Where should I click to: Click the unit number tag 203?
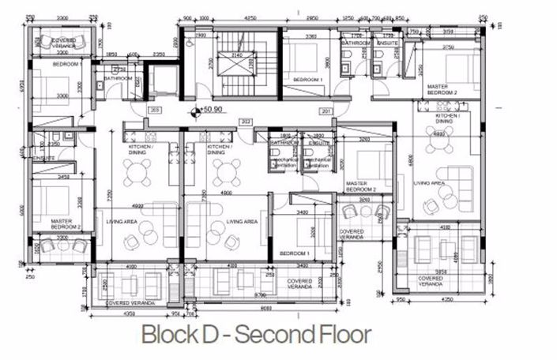pyautogui.click(x=155, y=111)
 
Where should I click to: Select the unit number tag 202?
pyautogui.click(x=246, y=121)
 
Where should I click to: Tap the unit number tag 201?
pyautogui.click(x=326, y=111)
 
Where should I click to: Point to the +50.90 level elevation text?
pyautogui.click(x=213, y=111)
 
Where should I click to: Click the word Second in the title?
pyautogui.click(x=255, y=334)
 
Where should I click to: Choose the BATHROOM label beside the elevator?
pyautogui.click(x=116, y=78)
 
